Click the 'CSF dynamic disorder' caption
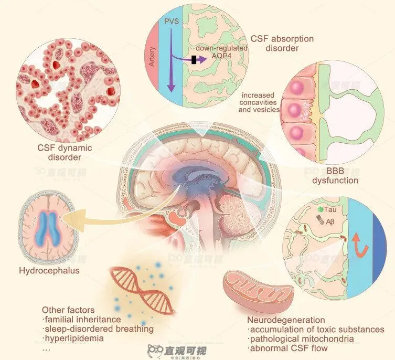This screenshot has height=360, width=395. [65, 152]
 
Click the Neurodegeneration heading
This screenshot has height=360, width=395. [286, 320]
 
